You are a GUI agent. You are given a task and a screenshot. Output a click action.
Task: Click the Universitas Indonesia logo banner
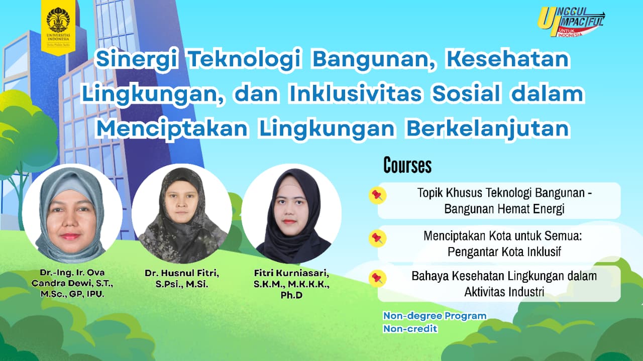58,27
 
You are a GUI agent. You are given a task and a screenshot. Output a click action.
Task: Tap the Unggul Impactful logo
571,22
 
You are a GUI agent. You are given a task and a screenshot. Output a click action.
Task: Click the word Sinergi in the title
137,59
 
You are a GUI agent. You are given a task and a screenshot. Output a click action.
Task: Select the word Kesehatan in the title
507,59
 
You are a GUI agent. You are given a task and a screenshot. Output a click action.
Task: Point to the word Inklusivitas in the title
355,93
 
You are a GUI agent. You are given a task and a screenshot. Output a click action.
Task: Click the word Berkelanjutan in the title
487,129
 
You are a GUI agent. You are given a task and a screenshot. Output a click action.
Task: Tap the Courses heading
407,165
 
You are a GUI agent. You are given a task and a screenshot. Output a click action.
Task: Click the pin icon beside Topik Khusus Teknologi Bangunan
377,195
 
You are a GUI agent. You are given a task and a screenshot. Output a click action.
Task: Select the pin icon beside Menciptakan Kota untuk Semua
377,238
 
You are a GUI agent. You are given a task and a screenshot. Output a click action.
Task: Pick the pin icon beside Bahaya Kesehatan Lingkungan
377,278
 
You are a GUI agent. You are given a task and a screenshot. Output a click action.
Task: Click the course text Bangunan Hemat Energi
504,209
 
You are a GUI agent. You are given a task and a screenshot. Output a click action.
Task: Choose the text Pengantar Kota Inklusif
504,252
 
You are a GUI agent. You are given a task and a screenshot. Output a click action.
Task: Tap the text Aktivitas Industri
504,292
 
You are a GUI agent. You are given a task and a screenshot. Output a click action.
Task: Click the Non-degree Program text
435,316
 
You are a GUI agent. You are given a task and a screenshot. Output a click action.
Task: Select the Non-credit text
410,328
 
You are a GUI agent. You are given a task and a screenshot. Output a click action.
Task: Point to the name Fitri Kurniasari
292,273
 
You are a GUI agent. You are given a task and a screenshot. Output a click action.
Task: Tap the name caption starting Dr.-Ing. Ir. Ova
72,283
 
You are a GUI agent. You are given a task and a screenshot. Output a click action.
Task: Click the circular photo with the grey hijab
72,214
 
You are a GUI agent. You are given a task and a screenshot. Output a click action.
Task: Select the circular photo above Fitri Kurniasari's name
292,214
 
